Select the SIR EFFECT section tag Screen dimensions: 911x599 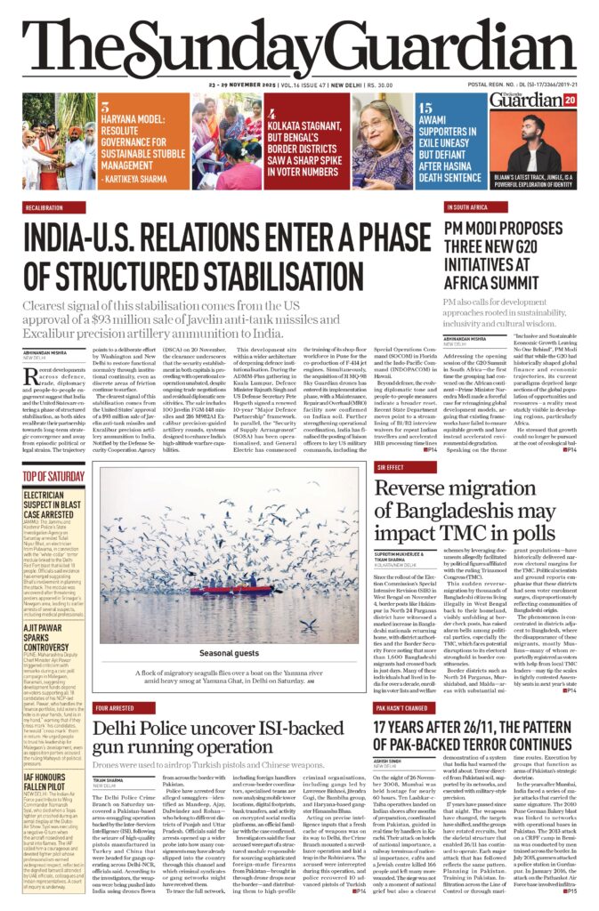(390, 466)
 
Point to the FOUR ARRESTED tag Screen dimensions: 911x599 (114, 708)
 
